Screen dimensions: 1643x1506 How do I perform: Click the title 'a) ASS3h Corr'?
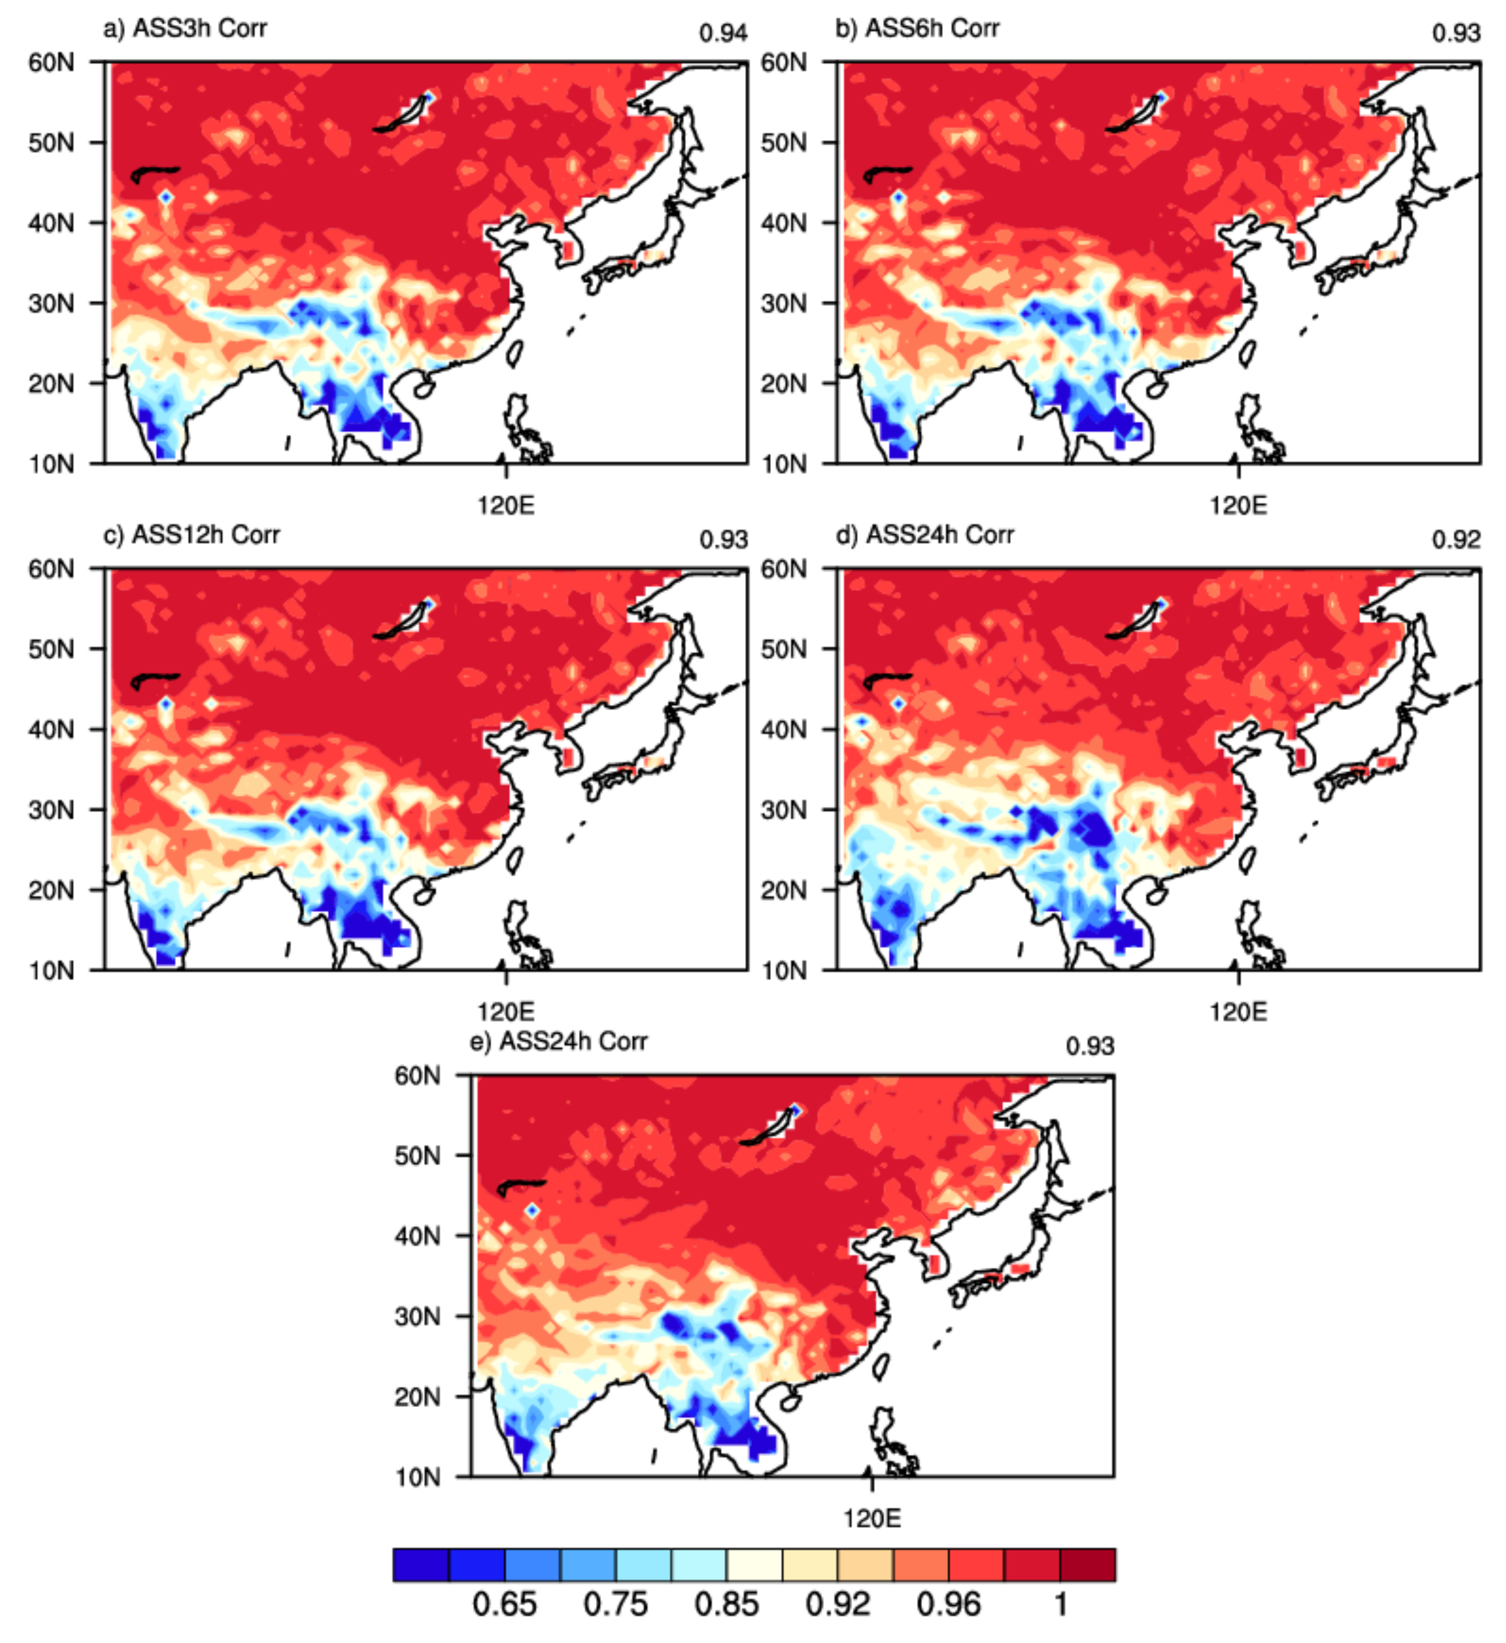pos(185,29)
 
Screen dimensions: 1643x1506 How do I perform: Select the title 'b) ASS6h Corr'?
pos(917,29)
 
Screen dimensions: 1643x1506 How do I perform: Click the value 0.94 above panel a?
pos(723,33)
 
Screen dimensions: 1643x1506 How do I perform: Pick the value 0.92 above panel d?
pos(1456,540)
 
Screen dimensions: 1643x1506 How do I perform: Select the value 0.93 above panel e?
pos(1089,1047)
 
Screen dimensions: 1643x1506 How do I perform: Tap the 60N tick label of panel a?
pos(51,62)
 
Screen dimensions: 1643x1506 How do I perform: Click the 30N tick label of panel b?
pos(783,303)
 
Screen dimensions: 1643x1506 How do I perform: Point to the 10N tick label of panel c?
pos(51,971)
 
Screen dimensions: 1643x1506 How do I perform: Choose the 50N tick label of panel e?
pos(417,1156)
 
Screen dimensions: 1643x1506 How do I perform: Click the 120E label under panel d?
pos(1238,1013)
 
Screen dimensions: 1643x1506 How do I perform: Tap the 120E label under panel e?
pos(872,1519)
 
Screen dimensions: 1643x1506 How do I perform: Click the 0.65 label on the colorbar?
pos(505,1605)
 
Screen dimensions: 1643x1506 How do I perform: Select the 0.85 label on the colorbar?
pos(726,1605)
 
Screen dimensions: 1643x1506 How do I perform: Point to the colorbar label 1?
pos(1060,1605)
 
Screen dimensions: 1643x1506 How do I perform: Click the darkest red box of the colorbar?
pos(1088,1565)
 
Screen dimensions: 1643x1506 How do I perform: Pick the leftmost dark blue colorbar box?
pos(420,1565)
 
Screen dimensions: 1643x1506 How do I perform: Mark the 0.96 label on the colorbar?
pos(949,1605)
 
